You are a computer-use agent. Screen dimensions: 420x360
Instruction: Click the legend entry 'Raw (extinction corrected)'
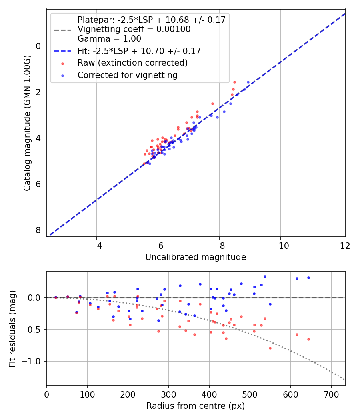click(132, 63)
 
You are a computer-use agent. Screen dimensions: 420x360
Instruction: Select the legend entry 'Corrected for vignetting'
click(127, 75)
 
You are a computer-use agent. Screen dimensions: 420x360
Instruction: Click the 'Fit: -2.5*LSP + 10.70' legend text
click(139, 51)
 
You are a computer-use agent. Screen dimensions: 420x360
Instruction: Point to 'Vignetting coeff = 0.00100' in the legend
click(134, 29)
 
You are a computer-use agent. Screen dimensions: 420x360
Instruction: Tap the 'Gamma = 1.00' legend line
click(109, 39)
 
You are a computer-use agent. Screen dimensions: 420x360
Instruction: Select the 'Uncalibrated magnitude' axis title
click(196, 257)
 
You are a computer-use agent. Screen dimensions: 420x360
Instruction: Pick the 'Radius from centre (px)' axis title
click(196, 406)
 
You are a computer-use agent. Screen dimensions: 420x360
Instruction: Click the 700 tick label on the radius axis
click(331, 394)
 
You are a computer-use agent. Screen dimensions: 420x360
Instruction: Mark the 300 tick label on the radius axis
click(168, 394)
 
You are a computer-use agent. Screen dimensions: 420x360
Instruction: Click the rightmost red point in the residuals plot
click(308, 339)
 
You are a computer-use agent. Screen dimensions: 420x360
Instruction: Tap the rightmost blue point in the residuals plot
click(308, 278)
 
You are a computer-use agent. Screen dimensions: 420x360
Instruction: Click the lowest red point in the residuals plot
click(270, 348)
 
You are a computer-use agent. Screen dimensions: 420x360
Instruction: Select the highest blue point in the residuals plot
click(265, 276)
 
